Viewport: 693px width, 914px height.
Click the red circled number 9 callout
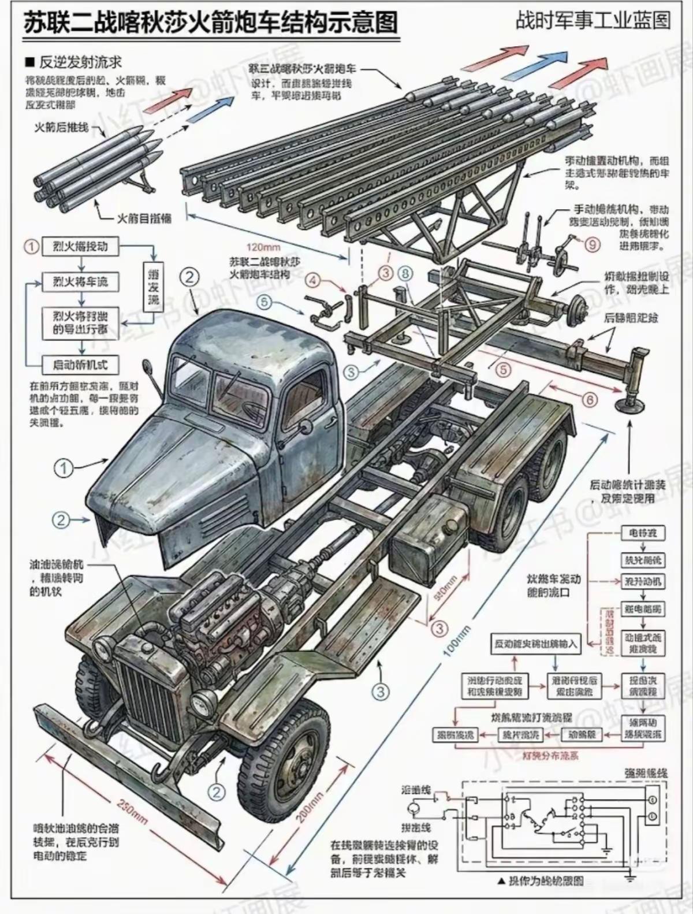pyautogui.click(x=593, y=245)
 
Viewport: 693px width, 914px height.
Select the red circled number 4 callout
pyautogui.click(x=312, y=281)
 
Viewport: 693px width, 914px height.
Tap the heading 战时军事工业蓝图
pyautogui.click(x=593, y=21)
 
